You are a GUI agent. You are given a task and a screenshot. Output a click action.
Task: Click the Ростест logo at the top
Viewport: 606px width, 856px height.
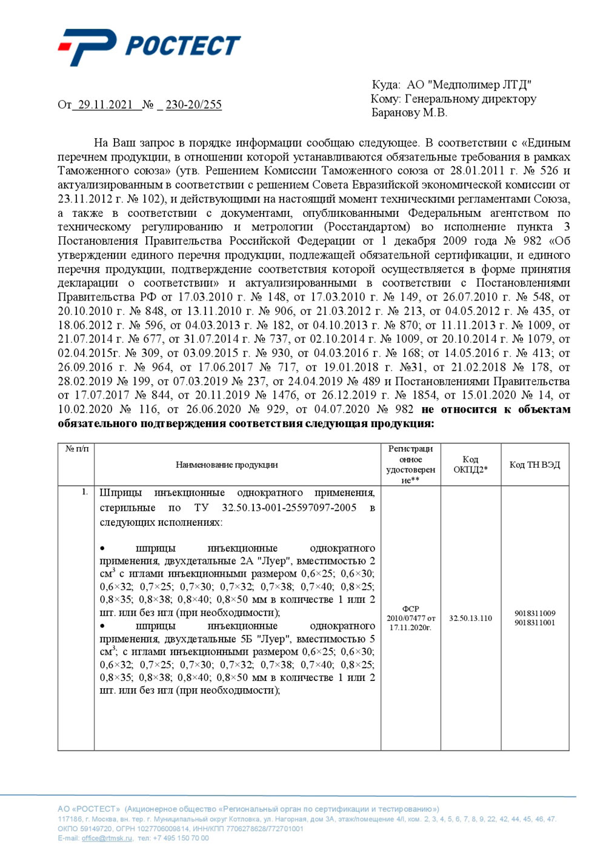pos(150,46)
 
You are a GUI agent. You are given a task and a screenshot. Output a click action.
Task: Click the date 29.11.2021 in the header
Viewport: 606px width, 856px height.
pos(105,105)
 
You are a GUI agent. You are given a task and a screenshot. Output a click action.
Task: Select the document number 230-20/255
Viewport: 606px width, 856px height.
pos(193,105)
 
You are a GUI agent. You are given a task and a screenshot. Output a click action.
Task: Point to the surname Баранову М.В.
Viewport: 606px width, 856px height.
pos(409,113)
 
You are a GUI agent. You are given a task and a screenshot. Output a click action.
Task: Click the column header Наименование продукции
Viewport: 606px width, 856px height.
pos(227,465)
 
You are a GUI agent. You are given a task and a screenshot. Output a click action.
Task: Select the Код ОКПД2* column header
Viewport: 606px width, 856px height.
pos(470,465)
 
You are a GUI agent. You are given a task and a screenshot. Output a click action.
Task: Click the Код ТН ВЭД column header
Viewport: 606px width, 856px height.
pos(534,465)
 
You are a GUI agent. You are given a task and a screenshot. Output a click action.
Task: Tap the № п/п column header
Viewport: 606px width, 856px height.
pos(76,449)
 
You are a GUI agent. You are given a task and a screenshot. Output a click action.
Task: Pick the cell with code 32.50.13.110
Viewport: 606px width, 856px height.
pos(470,619)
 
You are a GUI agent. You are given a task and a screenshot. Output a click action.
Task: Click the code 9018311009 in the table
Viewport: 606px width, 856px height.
pos(534,613)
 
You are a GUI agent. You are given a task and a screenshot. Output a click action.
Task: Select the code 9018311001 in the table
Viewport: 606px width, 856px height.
pos(534,623)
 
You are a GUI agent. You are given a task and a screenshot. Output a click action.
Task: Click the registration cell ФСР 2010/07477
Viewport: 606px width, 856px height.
pos(410,618)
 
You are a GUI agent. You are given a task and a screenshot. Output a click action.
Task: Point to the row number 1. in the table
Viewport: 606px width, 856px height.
pos(85,492)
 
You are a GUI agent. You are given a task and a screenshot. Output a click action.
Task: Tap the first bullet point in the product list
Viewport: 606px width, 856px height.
pos(102,549)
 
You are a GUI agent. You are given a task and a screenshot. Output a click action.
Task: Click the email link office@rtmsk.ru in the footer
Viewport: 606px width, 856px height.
pos(107,838)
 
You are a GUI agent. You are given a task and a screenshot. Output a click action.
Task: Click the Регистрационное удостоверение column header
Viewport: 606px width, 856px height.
pos(410,465)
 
